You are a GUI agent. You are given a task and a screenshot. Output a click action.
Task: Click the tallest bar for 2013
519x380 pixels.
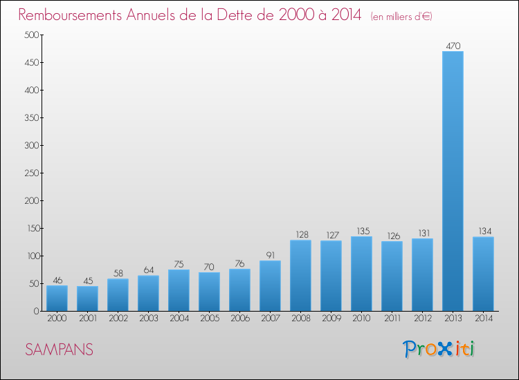453,181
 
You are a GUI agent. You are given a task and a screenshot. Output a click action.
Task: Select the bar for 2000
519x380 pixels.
57,298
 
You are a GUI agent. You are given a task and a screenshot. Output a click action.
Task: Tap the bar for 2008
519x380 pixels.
300,276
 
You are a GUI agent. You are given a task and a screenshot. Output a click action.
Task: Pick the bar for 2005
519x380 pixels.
209,292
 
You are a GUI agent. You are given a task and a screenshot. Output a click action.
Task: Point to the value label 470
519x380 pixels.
453,46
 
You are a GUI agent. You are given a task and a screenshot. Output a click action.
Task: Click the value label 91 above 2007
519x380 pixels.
271,255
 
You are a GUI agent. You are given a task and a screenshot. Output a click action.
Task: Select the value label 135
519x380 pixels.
363,231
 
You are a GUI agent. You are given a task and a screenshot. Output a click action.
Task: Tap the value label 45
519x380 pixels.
88,281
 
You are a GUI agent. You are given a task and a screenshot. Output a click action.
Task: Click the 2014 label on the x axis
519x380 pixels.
484,319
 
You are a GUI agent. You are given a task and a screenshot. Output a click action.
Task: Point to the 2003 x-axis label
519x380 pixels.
149,319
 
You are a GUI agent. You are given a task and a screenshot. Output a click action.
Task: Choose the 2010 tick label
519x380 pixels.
361,319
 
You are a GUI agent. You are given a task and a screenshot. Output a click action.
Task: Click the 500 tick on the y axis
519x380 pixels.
31,35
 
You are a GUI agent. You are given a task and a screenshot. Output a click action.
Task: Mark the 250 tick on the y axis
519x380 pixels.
31,173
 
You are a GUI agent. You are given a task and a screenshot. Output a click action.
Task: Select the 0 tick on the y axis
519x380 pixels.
37,312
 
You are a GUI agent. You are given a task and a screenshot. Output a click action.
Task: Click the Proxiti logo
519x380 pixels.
439,349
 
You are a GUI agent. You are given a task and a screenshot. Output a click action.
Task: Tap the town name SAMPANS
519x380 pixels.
60,350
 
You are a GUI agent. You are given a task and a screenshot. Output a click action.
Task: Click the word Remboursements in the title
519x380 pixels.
70,15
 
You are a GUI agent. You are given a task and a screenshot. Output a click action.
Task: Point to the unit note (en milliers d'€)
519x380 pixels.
401,17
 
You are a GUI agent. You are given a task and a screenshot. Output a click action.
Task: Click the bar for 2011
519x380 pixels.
392,276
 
